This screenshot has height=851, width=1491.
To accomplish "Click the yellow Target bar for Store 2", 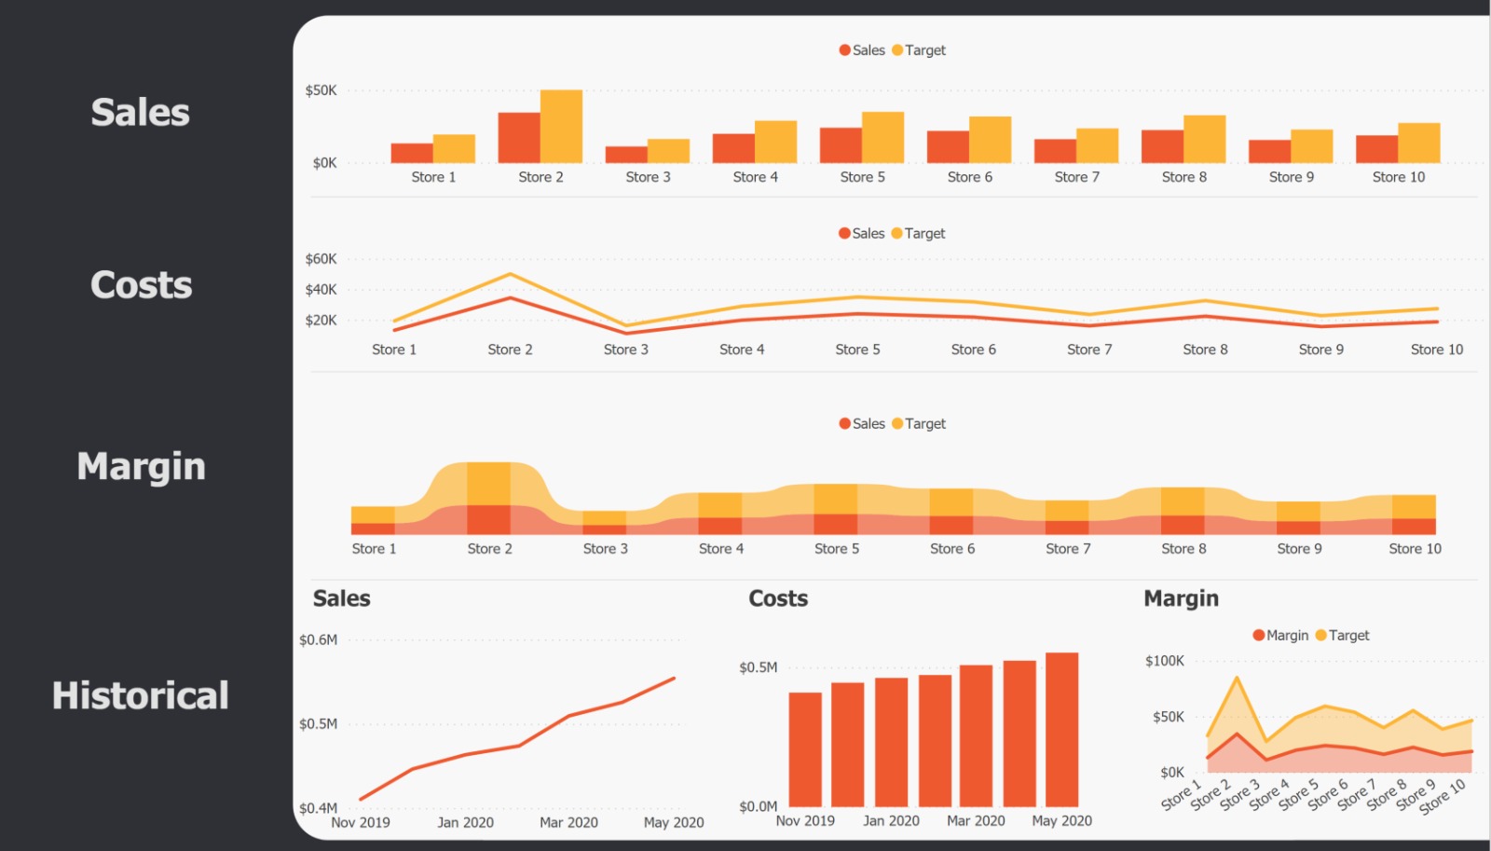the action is tap(561, 127).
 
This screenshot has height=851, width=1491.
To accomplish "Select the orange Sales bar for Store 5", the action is tap(841, 145).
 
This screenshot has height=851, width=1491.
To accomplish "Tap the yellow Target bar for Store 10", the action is tap(1419, 144).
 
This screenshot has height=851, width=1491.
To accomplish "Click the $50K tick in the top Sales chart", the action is tap(321, 90).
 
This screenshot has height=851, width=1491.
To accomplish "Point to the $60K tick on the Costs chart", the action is tap(321, 259).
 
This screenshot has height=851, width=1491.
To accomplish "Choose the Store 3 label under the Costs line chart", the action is tap(625, 350).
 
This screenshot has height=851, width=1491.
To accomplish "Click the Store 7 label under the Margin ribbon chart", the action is tap(1068, 549).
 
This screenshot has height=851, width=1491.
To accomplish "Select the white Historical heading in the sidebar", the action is tap(141, 696).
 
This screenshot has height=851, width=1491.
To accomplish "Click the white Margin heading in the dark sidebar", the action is tap(141, 466).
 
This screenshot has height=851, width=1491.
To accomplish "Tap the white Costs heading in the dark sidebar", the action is tap(141, 285).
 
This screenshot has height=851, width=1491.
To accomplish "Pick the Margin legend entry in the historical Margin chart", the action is tap(1280, 636).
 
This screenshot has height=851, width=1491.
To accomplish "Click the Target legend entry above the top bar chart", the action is tap(919, 50).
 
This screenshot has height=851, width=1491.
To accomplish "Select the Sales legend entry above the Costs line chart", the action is tap(861, 234).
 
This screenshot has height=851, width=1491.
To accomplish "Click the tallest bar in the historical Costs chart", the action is tap(1061, 730).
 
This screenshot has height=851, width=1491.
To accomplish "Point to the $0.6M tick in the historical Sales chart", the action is tap(318, 640).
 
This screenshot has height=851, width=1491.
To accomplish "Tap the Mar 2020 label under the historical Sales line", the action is tap(568, 822).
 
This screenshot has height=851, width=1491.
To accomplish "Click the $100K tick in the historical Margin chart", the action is tap(1164, 661).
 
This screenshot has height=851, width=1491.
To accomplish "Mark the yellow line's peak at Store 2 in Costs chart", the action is tap(510, 274).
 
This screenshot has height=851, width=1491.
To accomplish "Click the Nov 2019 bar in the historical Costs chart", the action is tap(805, 749).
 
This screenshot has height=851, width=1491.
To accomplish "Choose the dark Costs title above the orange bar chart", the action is tap(778, 598).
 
